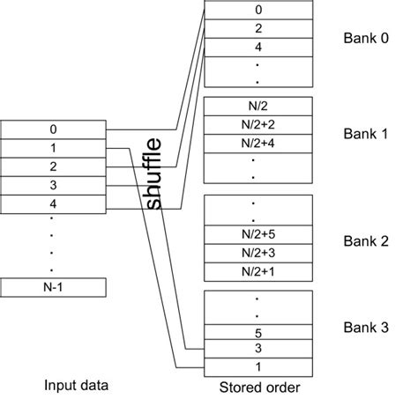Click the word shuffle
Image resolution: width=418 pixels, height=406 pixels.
click(x=155, y=173)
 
